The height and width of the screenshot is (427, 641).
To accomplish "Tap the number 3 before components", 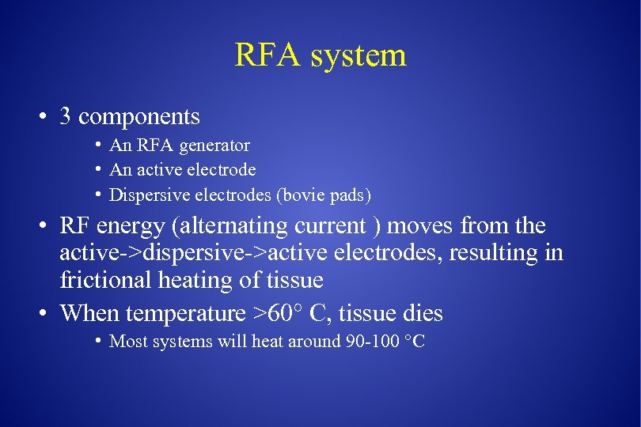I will (66, 117).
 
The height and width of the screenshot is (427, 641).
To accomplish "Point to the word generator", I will (215, 146).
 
